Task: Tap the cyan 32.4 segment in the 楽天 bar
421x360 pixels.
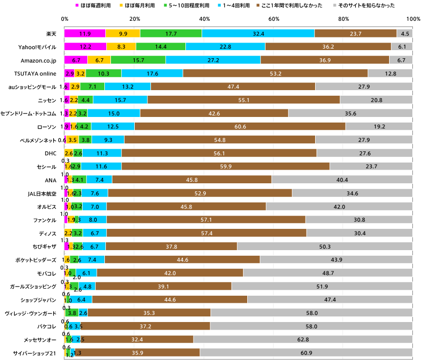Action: tap(258, 33)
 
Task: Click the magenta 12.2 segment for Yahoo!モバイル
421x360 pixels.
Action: tap(85, 47)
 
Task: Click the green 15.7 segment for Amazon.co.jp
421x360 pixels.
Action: tap(138, 60)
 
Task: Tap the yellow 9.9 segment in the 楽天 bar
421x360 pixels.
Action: tap(123, 33)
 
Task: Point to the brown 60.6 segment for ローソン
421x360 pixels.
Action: tap(240, 126)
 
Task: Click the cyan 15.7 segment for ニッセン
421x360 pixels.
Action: tap(120, 99)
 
